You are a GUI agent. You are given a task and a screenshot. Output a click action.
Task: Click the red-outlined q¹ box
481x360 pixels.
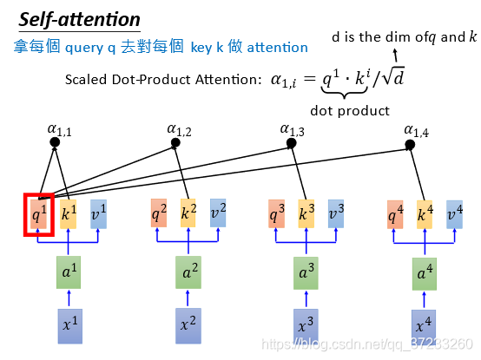coord(39,214)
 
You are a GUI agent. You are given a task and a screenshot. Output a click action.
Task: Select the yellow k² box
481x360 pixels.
coord(188,213)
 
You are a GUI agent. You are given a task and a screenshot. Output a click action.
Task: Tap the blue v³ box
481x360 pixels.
coord(336,214)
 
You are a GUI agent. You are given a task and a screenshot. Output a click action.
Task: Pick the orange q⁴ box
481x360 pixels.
coord(395,214)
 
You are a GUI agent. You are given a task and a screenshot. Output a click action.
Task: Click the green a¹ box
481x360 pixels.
coord(69,272)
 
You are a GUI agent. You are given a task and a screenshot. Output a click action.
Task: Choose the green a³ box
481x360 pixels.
coord(306,273)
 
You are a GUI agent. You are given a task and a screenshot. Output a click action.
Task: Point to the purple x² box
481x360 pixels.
coord(188,326)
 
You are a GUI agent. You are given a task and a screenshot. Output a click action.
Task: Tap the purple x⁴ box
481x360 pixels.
coord(424,327)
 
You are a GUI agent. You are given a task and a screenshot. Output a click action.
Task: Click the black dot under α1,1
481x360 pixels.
coord(55,142)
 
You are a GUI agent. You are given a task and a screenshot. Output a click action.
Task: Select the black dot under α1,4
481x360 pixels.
coord(410,144)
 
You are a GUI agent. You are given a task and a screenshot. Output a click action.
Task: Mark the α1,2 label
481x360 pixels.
coord(179,130)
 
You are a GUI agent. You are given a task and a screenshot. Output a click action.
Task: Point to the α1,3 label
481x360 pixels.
coord(293,130)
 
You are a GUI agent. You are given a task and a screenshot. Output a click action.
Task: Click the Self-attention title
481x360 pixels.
coord(80,20)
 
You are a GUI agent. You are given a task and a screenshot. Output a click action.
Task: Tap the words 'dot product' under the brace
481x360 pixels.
coord(350,111)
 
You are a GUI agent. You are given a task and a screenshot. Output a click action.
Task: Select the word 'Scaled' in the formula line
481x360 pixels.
coord(86,80)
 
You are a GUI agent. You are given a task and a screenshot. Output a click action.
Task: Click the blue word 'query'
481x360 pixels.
coord(84,48)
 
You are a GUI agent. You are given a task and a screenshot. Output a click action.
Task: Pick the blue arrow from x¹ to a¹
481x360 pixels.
coord(69,298)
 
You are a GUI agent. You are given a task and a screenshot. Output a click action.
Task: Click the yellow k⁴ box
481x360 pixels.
coord(425,214)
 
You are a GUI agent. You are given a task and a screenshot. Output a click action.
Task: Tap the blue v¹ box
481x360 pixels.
coord(98,214)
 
